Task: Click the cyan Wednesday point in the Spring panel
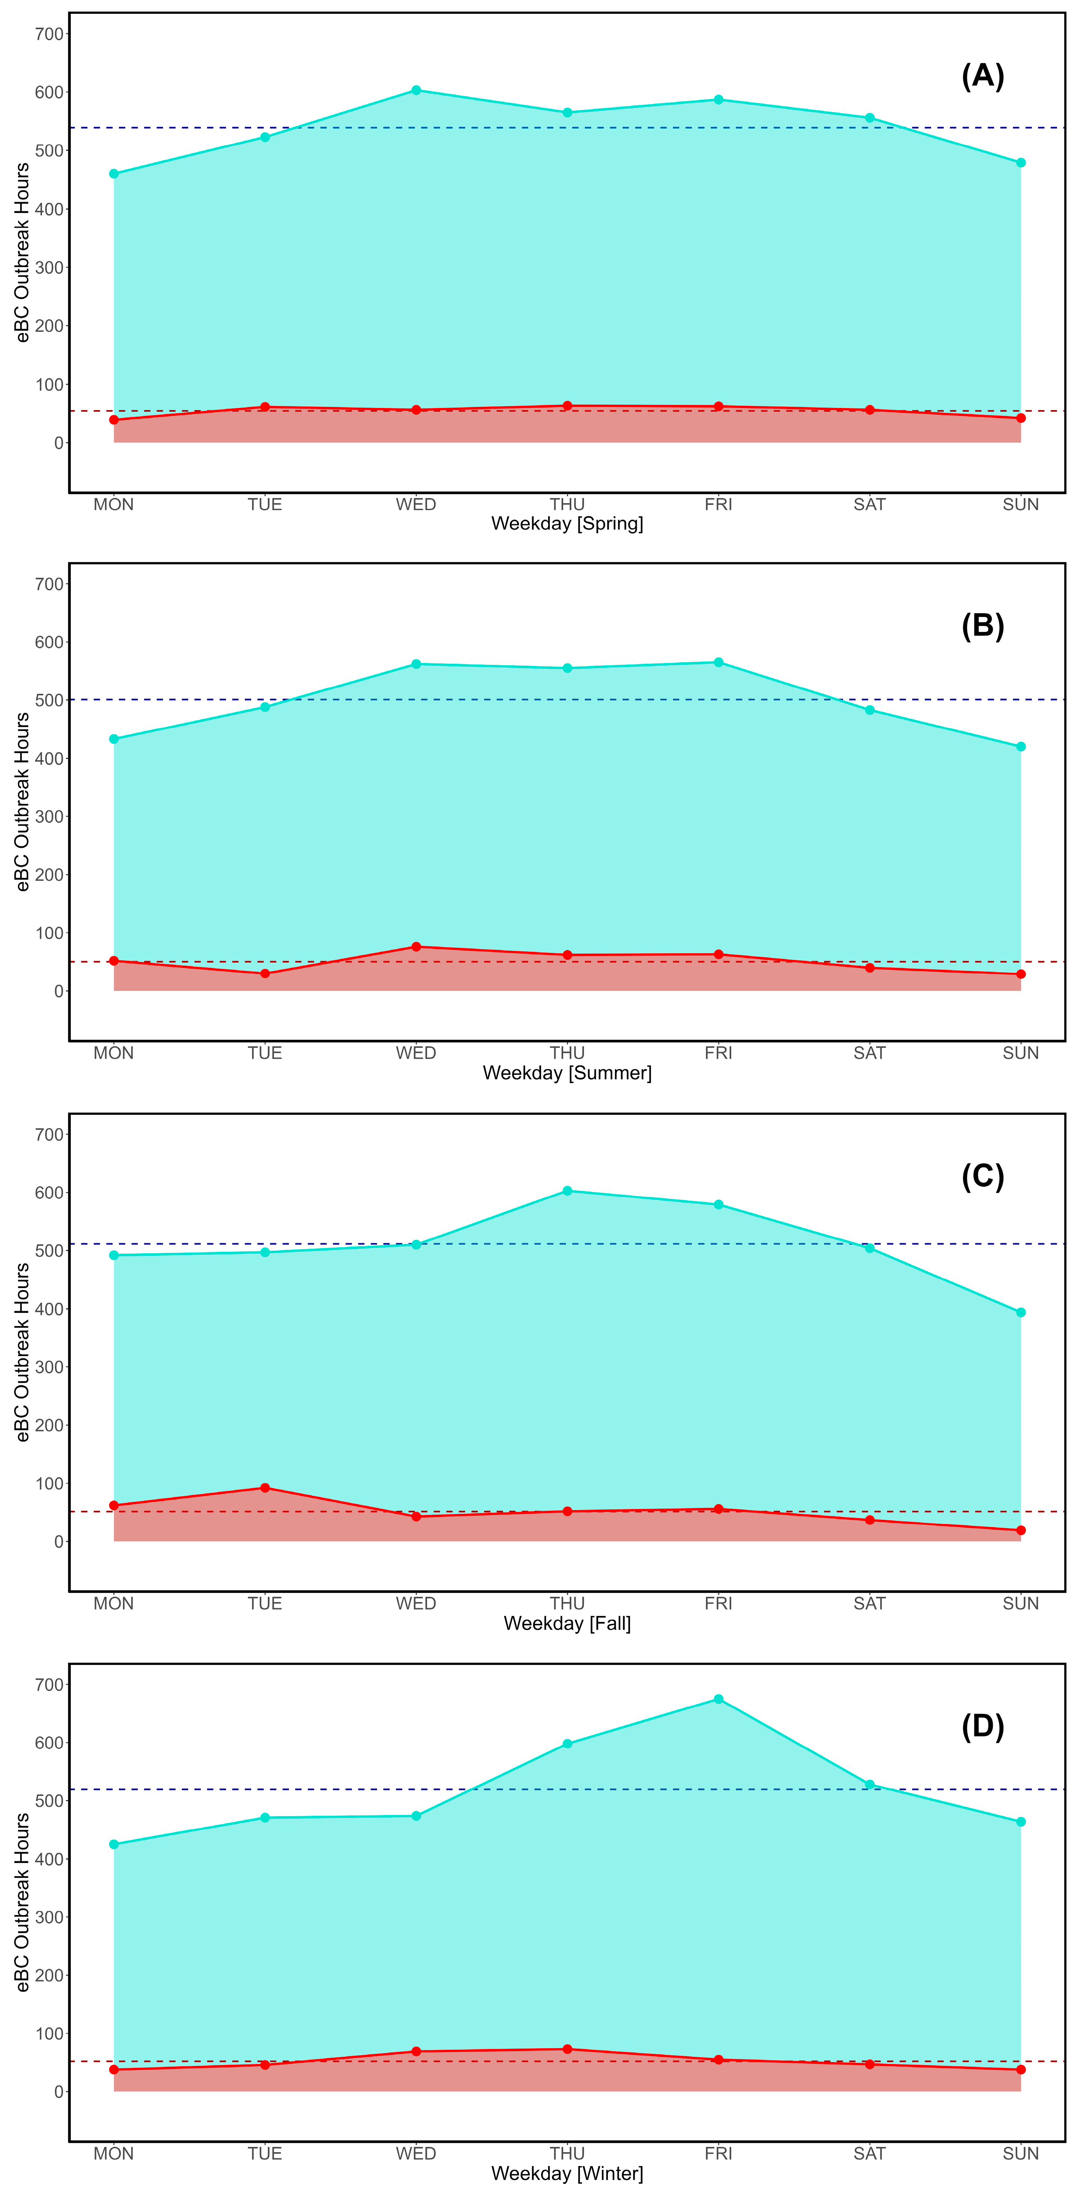(x=416, y=90)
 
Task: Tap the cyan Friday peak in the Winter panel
(x=718, y=1699)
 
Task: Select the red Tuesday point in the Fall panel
(x=265, y=1488)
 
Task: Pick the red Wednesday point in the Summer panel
(x=416, y=947)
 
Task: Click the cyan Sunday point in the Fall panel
(x=1021, y=1313)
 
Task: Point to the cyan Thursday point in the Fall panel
(x=568, y=1191)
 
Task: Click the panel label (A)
(x=983, y=76)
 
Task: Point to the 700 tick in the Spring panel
(x=49, y=34)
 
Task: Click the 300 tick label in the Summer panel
(x=49, y=817)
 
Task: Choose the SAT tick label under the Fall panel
(x=869, y=1603)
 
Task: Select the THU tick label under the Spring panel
(x=568, y=505)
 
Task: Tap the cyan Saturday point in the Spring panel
(x=869, y=118)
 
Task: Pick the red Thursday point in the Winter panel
(x=568, y=2049)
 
